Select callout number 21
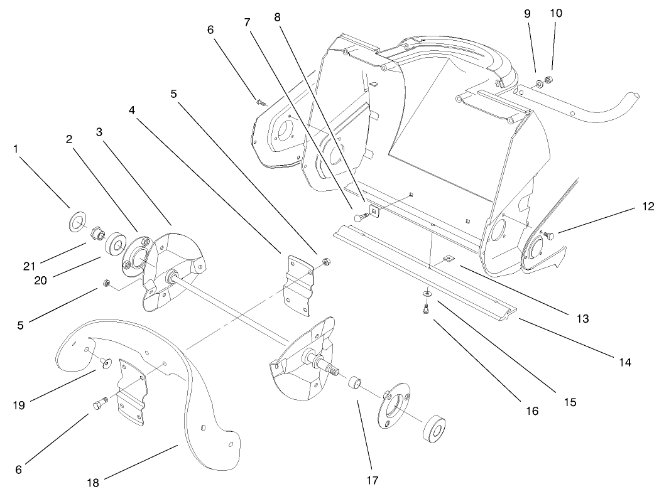pyautogui.click(x=29, y=249)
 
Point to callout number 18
pyautogui.click(x=94, y=482)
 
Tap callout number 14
pyautogui.click(x=623, y=362)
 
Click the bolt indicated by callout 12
pyautogui.click(x=548, y=235)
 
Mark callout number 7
pyautogui.click(x=247, y=22)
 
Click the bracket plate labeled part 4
pyautogui.click(x=298, y=279)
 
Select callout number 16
pyautogui.click(x=532, y=411)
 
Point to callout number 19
pyautogui.click(x=19, y=405)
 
